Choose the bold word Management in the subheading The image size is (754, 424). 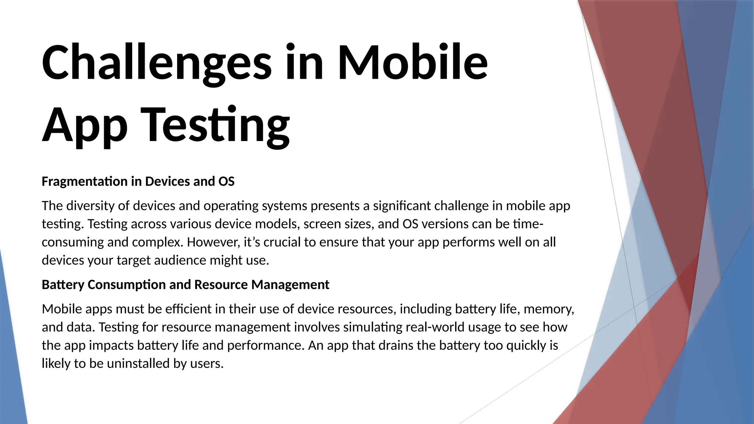pos(290,285)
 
